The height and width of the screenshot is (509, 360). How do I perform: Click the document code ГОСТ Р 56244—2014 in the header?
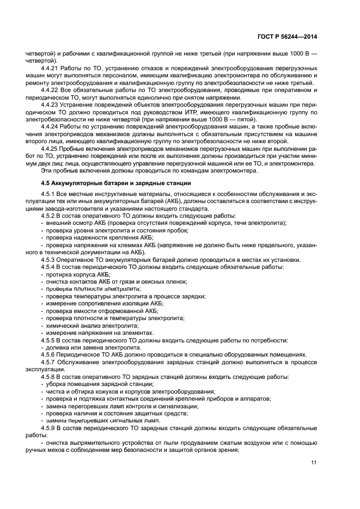(287, 37)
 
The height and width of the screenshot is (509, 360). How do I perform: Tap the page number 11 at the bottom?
(314, 463)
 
